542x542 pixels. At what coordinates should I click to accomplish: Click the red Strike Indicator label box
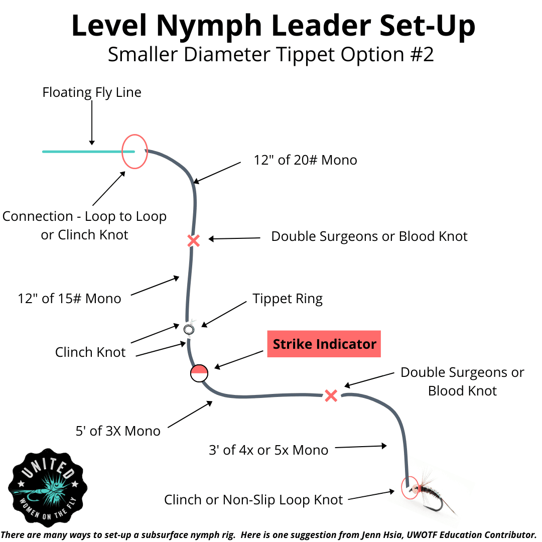pos(324,344)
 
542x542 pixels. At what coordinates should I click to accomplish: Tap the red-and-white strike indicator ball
pos(199,373)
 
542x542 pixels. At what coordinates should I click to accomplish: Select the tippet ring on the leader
pos(189,329)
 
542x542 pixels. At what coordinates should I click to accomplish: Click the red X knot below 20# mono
pos(193,241)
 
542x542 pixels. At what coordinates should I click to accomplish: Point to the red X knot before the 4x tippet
pos(331,395)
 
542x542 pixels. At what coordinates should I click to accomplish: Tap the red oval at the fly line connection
pos(135,151)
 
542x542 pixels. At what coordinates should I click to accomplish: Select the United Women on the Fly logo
pos(48,487)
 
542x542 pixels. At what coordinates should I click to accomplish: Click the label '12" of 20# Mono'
pos(306,161)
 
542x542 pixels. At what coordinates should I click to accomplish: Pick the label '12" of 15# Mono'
pos(70,299)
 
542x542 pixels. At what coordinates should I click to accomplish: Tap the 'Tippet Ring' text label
pos(288,299)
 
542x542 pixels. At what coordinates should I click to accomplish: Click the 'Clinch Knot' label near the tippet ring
pos(90,352)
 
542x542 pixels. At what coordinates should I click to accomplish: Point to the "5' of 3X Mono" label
pos(118,431)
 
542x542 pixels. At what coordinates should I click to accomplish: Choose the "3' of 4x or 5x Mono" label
pos(268,450)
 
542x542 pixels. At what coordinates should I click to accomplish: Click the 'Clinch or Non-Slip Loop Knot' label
pos(253,500)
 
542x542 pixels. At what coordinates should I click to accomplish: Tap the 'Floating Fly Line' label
pos(92,92)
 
